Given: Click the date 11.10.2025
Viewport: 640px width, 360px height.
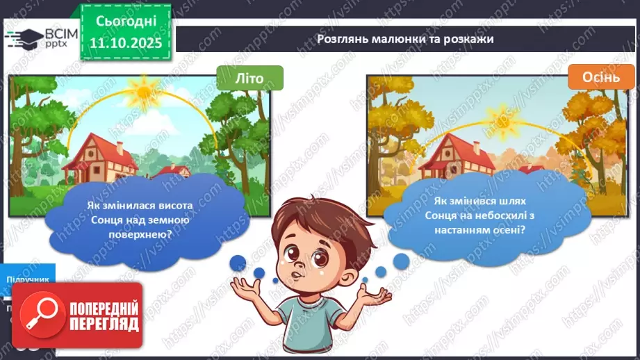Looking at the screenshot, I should pos(126,41).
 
